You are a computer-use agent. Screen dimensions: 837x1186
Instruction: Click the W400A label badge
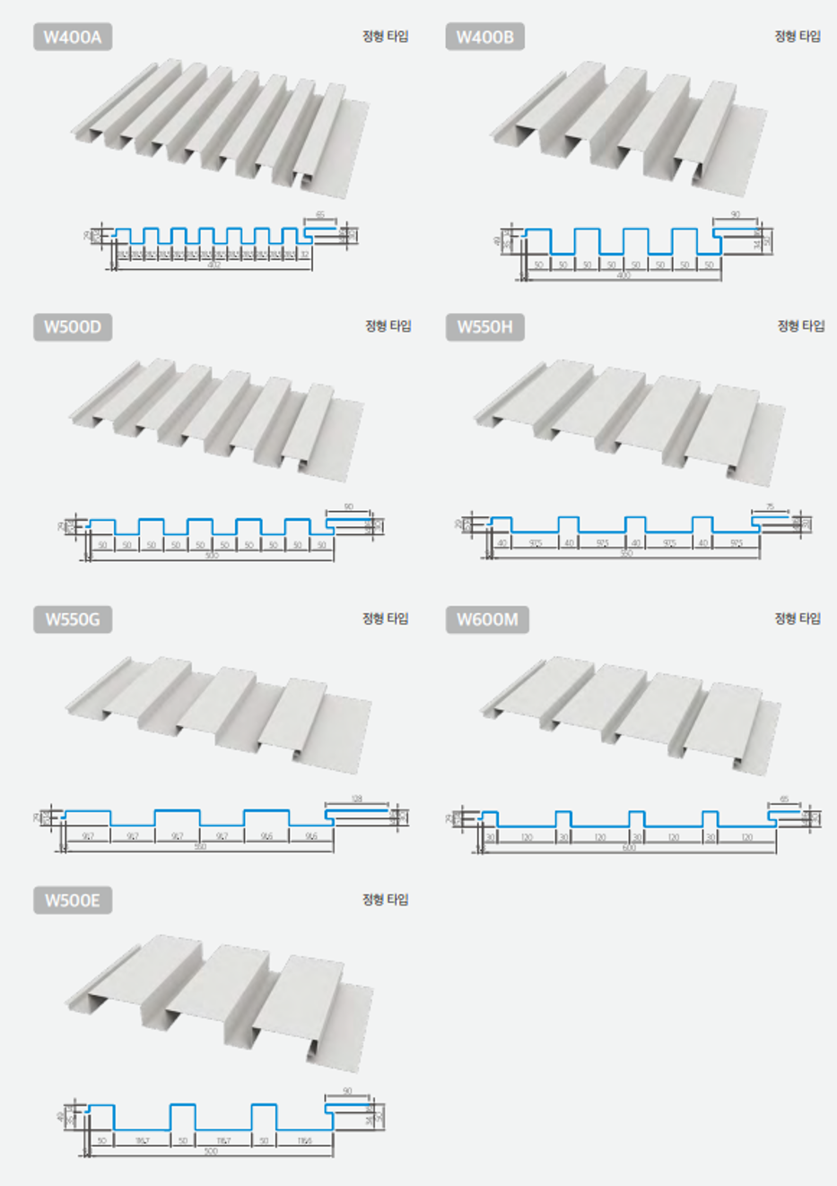coord(73,37)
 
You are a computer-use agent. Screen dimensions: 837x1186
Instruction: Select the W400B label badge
coord(484,37)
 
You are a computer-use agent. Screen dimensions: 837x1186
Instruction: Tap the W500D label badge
coord(73,327)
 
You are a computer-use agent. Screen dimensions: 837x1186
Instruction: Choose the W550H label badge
coord(484,327)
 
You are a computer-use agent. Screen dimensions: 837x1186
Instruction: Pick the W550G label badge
coord(73,619)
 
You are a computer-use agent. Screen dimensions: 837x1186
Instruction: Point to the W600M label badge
coord(487,619)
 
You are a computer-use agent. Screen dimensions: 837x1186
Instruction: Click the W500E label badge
coord(73,900)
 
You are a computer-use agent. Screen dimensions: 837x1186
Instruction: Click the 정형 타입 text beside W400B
coord(798,36)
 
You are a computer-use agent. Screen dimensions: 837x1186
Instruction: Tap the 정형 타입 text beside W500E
coord(385,899)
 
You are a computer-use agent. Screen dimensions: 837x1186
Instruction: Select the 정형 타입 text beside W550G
coord(385,619)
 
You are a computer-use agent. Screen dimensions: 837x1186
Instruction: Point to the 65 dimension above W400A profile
coord(320,216)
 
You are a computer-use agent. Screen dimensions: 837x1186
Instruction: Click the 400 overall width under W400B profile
coord(623,275)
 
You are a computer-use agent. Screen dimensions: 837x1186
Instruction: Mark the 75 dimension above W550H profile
coord(770,507)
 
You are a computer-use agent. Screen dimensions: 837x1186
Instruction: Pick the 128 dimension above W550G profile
coord(356,798)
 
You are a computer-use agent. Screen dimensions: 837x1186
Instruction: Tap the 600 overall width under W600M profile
coord(628,847)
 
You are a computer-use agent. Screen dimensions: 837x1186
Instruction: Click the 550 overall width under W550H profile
coord(626,554)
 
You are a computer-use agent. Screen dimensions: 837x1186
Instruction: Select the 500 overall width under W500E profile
coord(211,1151)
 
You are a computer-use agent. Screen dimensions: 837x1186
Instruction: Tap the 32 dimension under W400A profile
coord(304,255)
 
